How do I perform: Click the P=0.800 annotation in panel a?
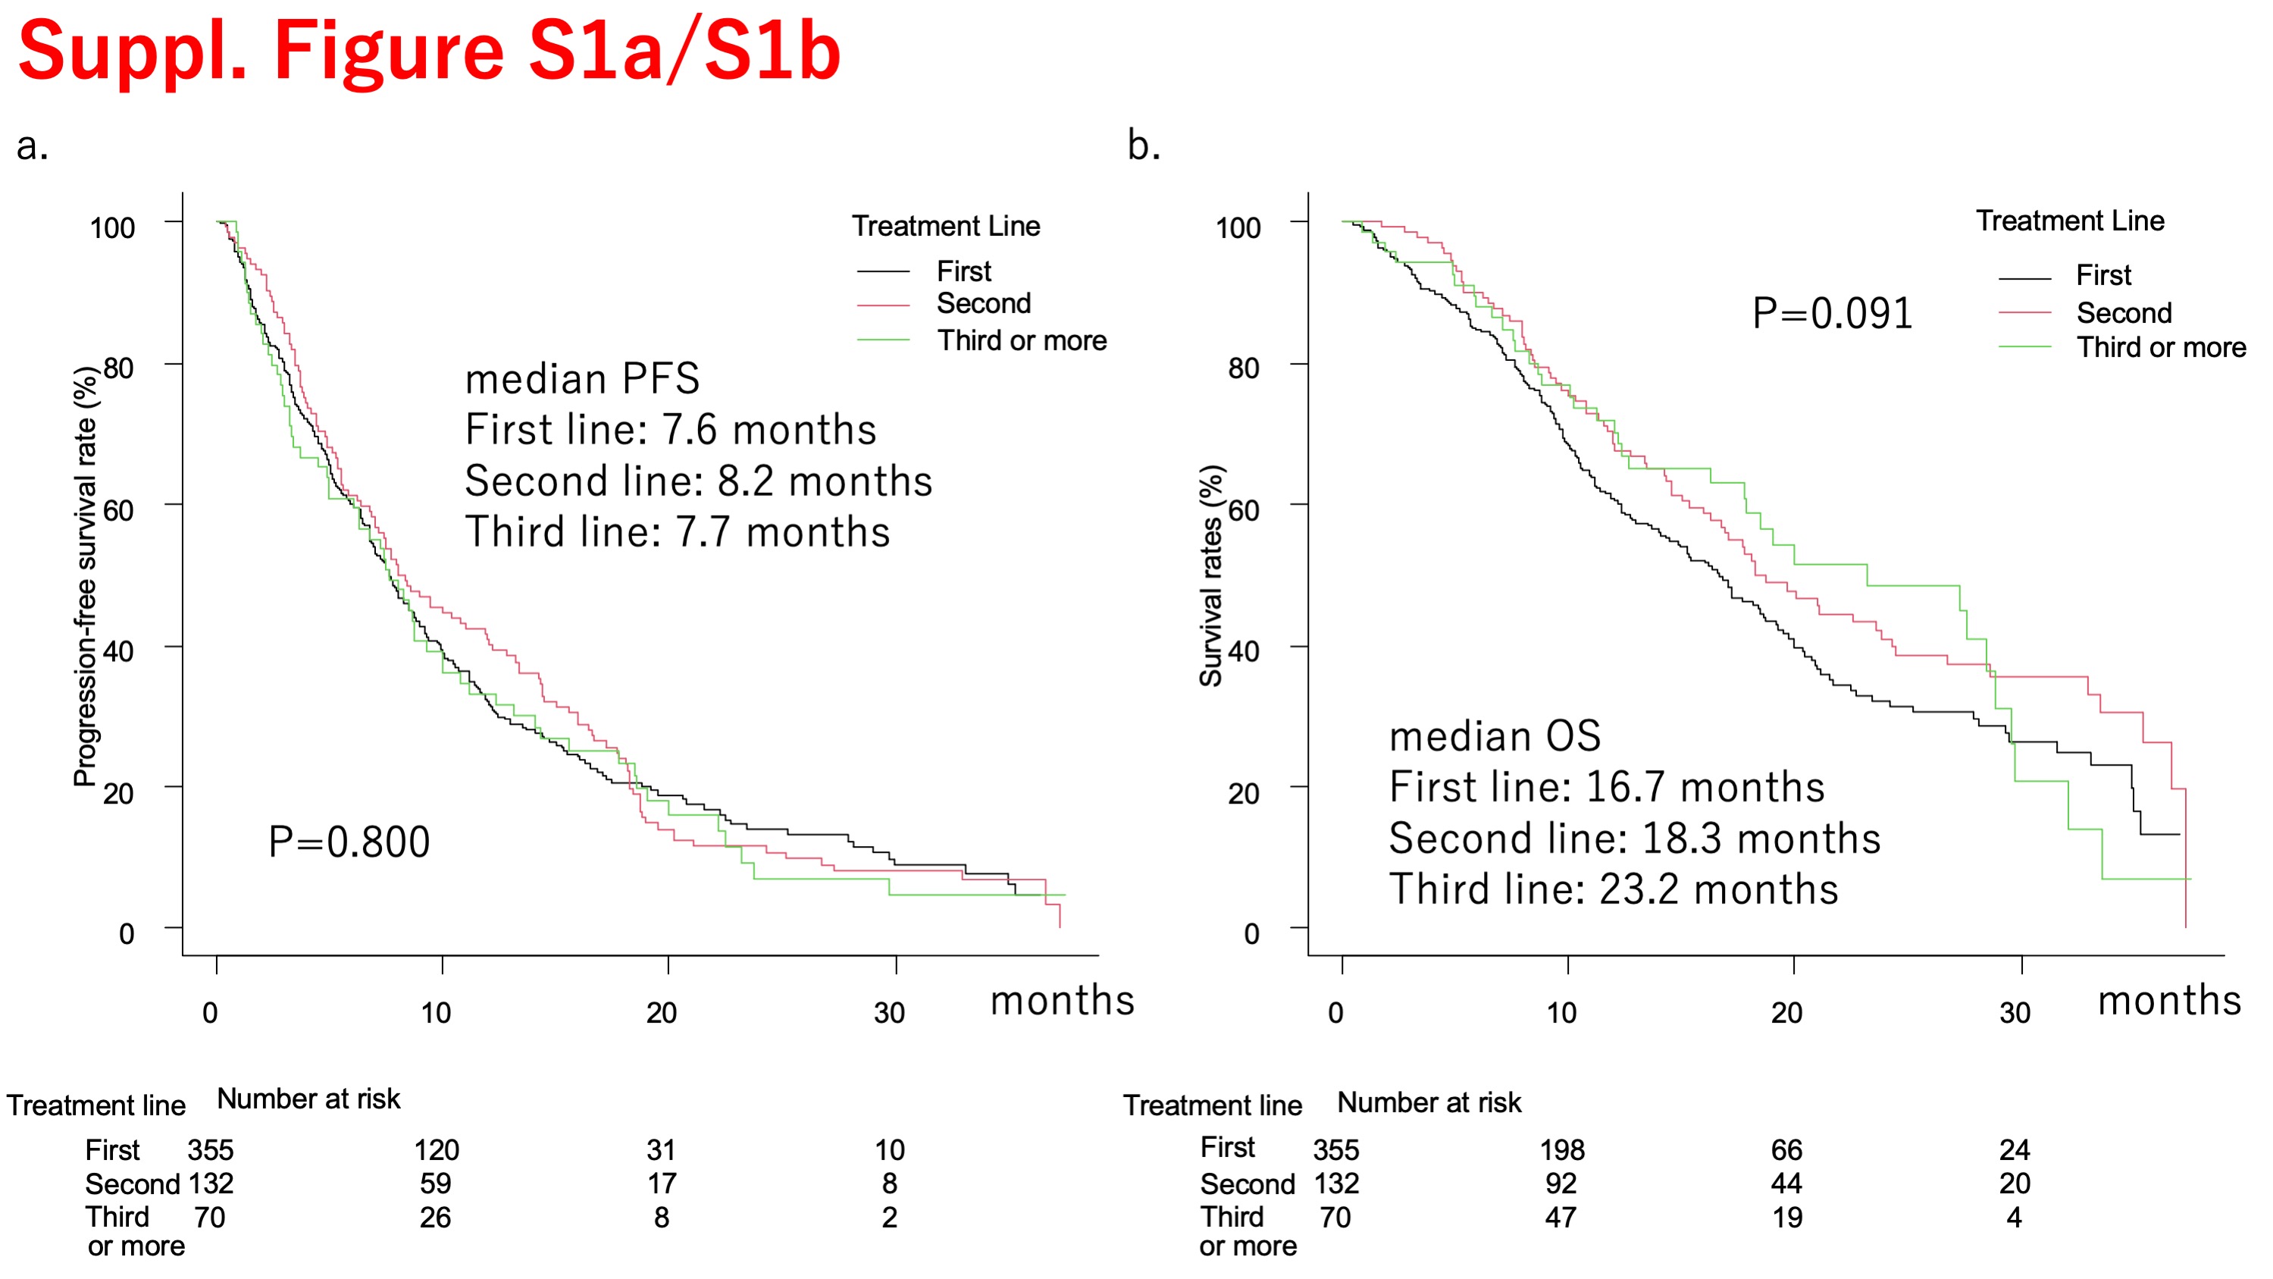349,842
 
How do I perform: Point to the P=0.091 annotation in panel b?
1832,313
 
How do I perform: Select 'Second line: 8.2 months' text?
698,481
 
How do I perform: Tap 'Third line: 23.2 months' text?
1613,889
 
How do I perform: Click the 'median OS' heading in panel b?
1495,736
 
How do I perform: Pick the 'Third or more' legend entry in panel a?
1021,340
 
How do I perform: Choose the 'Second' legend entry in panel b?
2123,313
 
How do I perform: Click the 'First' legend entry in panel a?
963,271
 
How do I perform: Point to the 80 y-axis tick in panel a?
118,368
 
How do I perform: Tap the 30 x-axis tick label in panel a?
890,1012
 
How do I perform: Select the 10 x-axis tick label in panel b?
1561,1012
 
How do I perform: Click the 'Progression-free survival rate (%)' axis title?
86,575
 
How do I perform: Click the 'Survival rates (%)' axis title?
1210,575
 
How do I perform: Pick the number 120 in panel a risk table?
437,1150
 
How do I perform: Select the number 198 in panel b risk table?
1562,1150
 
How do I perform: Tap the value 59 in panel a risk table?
436,1183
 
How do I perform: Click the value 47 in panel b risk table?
1560,1218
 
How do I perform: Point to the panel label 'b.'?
1144,146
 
